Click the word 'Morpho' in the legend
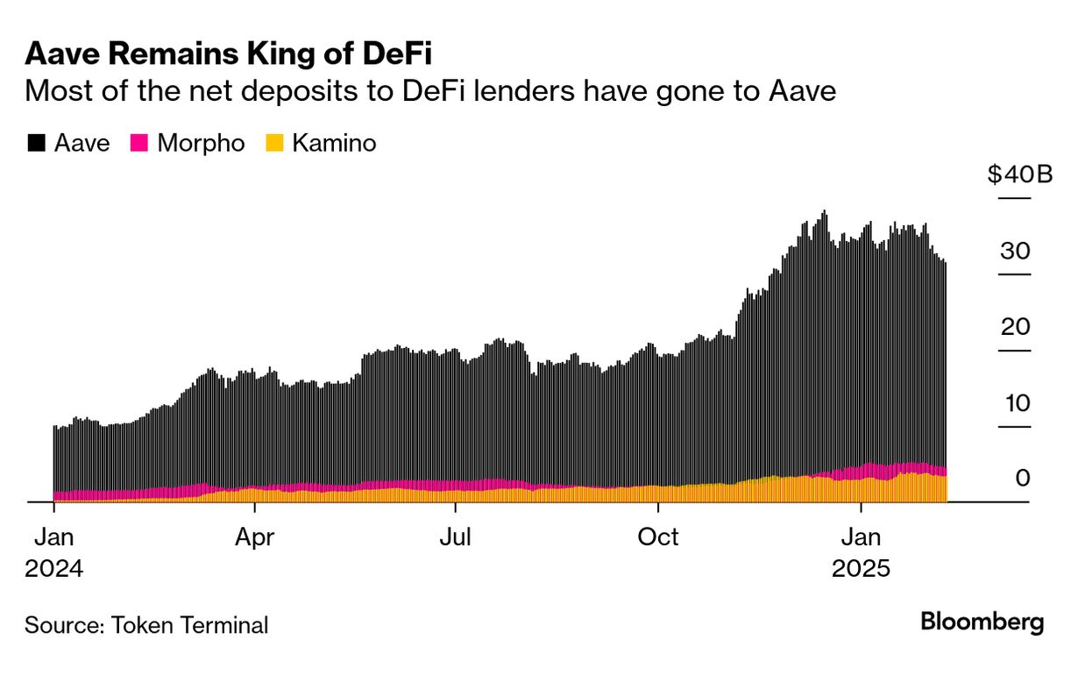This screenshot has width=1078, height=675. (x=201, y=143)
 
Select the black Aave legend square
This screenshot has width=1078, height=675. (x=36, y=144)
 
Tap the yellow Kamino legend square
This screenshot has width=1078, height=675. (x=275, y=144)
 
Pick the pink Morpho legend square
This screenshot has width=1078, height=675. (x=138, y=144)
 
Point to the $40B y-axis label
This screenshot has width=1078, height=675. (x=1019, y=174)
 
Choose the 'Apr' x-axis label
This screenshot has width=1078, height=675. (x=254, y=536)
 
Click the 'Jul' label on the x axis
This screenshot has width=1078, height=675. (x=456, y=536)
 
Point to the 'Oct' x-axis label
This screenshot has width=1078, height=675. (x=657, y=536)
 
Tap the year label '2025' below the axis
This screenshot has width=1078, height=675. (x=861, y=569)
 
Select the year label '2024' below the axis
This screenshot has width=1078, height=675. (x=54, y=569)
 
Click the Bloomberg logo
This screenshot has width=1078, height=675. (x=982, y=622)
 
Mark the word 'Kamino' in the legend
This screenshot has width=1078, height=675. (x=334, y=143)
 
